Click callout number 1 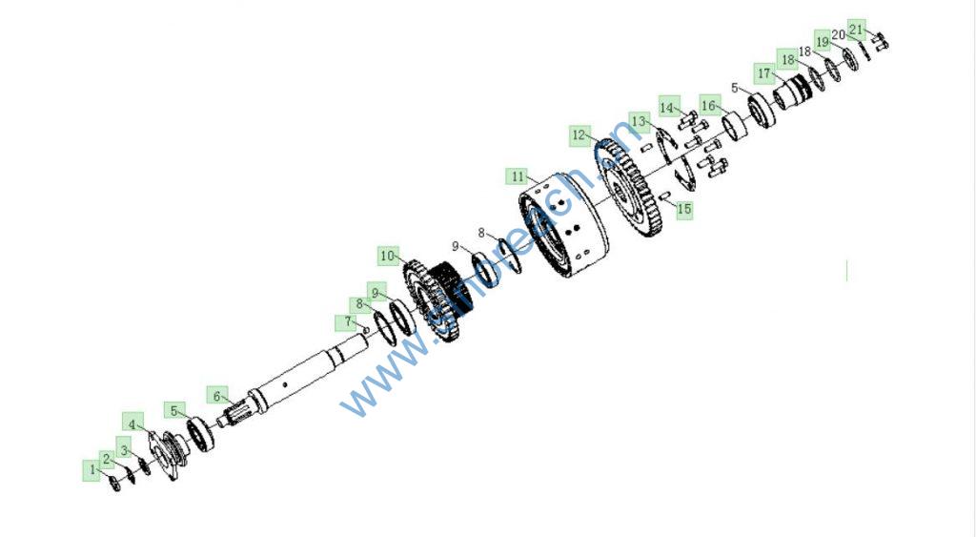[92, 469]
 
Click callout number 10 [387, 256]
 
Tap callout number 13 [640, 121]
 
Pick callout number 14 [668, 106]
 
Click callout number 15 [683, 209]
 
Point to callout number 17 [764, 72]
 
